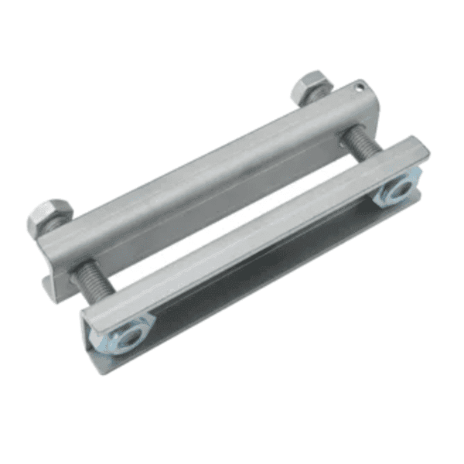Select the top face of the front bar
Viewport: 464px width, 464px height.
pyautogui.click(x=255, y=224)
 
